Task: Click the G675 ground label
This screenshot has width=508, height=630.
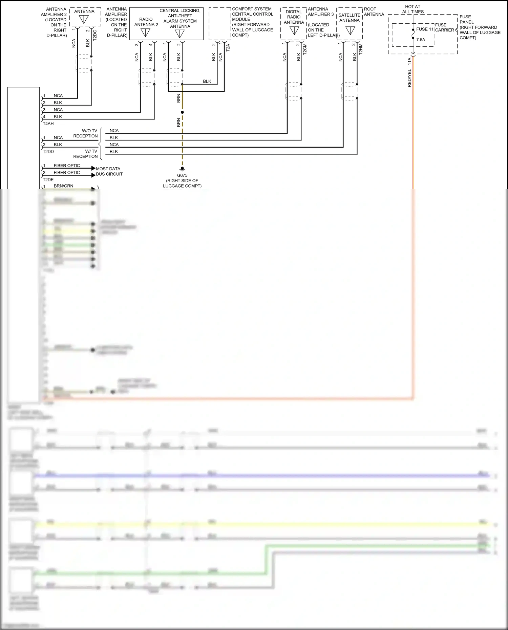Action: pyautogui.click(x=182, y=175)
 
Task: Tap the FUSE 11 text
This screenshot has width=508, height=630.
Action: pyautogui.click(x=424, y=29)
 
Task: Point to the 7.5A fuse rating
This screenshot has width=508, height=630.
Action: pyautogui.click(x=421, y=40)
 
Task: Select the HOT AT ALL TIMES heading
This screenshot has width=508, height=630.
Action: pyautogui.click(x=412, y=9)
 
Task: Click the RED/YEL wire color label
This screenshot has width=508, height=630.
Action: pyautogui.click(x=409, y=78)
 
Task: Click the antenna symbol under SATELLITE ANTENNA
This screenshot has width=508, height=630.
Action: pyautogui.click(x=350, y=30)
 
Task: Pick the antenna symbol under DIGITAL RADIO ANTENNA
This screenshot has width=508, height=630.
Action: pyautogui.click(x=294, y=30)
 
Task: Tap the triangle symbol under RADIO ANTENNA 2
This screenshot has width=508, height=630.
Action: pyautogui.click(x=145, y=32)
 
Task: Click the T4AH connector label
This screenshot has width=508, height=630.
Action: pyautogui.click(x=48, y=124)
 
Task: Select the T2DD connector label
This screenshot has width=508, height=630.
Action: pyautogui.click(x=48, y=152)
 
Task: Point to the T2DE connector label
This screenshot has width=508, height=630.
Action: pyautogui.click(x=48, y=180)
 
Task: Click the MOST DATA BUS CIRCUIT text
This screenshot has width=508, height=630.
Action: pyautogui.click(x=109, y=171)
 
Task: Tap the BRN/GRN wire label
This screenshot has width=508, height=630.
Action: pyautogui.click(x=63, y=186)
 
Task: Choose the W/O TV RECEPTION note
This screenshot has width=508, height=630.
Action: pyautogui.click(x=86, y=133)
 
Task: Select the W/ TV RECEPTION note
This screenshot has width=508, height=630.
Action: pyautogui.click(x=86, y=154)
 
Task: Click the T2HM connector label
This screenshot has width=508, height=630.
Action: pyautogui.click(x=361, y=49)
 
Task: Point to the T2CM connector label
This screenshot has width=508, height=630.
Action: pyautogui.click(x=305, y=49)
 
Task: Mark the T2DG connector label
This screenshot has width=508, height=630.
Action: pyautogui.click(x=95, y=35)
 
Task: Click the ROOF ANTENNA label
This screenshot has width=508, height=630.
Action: pyautogui.click(x=374, y=12)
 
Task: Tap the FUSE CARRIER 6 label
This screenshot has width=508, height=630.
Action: pyautogui.click(x=446, y=27)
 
